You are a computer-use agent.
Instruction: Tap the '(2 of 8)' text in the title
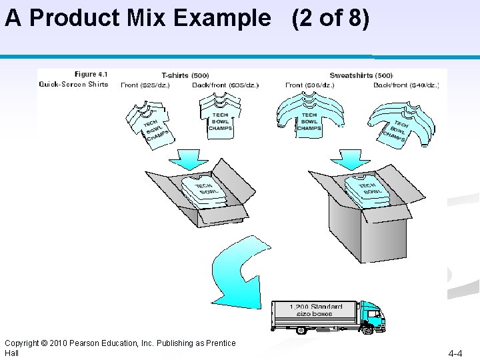point(330,18)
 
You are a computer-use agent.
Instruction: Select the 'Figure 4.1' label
point(91,74)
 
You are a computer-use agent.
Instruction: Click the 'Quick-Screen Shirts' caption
point(73,84)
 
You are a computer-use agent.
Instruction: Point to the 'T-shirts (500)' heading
point(185,75)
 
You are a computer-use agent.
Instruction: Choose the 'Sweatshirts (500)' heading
point(361,75)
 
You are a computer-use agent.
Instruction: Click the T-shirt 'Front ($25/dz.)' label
point(145,85)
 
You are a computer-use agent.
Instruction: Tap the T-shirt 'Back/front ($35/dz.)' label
point(225,85)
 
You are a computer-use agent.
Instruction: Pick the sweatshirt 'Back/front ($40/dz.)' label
point(406,85)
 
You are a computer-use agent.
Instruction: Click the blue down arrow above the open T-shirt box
point(191,159)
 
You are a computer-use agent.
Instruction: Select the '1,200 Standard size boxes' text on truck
point(316,310)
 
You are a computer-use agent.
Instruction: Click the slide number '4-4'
point(457,353)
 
